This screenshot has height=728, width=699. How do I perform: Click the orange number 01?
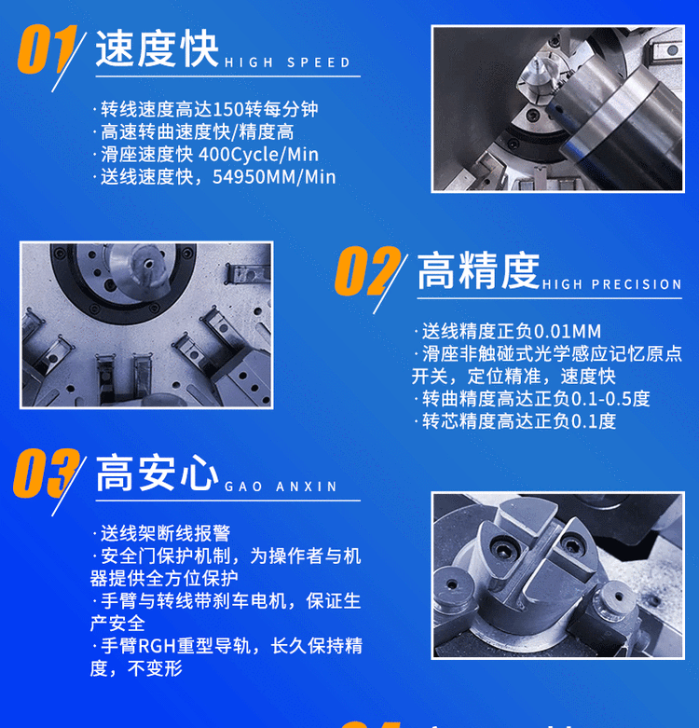point(47,49)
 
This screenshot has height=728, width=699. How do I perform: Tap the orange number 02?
point(367,271)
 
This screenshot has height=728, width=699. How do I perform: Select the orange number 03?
point(47,474)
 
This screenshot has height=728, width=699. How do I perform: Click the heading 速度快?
point(157,49)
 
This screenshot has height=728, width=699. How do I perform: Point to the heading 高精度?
point(478,271)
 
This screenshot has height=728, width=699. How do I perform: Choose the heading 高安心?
point(157,474)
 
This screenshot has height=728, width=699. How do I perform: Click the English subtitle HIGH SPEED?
point(287,62)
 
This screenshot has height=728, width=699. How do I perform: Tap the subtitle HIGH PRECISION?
point(611,284)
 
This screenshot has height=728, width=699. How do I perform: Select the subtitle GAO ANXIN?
point(281,487)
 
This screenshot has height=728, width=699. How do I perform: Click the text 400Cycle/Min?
point(258,155)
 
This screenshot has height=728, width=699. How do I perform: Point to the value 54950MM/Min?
point(274,177)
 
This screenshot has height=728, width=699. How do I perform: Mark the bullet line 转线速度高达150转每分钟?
point(206,110)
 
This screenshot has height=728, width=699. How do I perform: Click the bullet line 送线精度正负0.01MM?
point(508,332)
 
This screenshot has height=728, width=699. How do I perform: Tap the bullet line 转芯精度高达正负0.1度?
point(515,421)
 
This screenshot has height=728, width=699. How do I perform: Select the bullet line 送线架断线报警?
point(161,533)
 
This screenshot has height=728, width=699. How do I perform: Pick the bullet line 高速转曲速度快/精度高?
point(194,132)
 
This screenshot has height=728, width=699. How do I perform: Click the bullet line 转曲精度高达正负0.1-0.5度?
point(532,399)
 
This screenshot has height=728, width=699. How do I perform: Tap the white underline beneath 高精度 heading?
point(550,298)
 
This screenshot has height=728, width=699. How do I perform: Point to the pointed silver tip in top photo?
point(539,66)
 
